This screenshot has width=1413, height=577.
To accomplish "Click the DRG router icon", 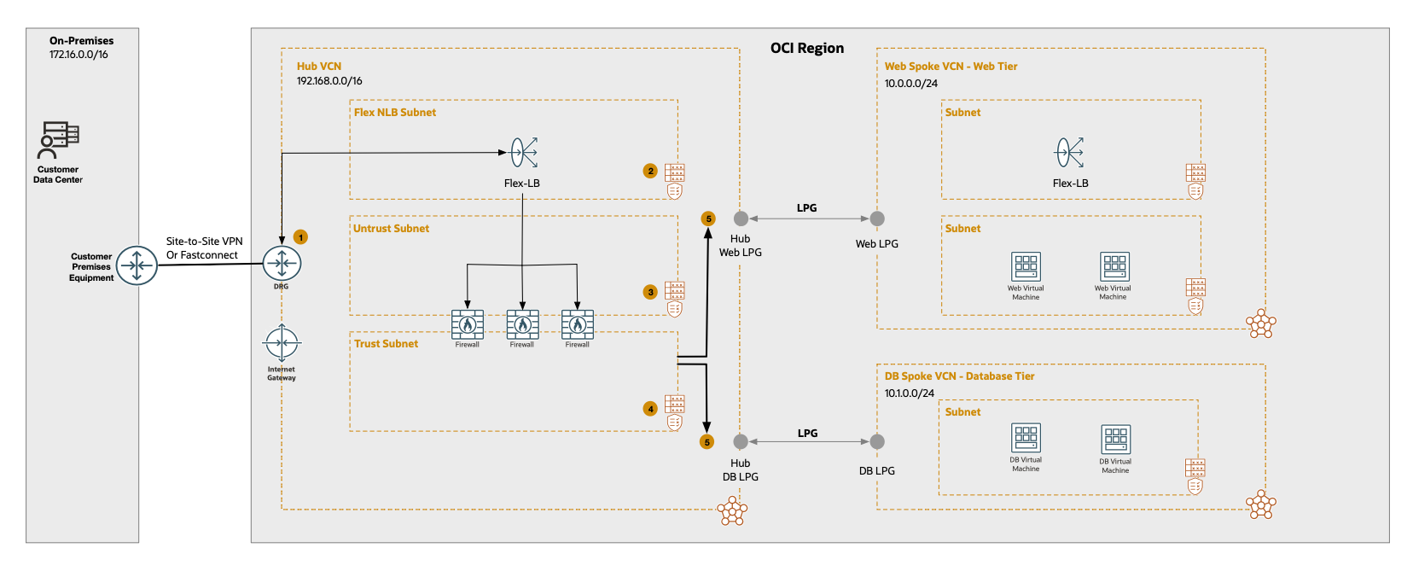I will pos(282,264).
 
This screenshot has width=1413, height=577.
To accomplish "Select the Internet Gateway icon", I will pos(282,343).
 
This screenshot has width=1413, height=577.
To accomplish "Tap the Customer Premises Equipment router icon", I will pos(137,265).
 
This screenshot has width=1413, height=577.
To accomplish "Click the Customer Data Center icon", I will pos(59,140).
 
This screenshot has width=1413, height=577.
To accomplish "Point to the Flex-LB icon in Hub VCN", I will pos(523,153).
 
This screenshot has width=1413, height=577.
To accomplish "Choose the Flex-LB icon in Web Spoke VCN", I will pos(1069,153).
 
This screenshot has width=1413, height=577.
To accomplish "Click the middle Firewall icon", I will pos(522,324).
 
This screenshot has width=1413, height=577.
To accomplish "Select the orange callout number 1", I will pos(300,236).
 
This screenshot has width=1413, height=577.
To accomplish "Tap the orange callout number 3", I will pos(650,292).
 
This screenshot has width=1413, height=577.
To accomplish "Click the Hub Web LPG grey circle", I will pos(741,219).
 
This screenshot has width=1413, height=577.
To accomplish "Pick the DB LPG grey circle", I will pos(877,441).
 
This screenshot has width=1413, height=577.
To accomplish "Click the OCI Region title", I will pos(806,49).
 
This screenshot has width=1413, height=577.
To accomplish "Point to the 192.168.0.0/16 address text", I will pos(329,81).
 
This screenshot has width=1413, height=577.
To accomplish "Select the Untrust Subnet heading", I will pos(391,229).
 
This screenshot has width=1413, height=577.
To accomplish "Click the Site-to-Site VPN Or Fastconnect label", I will pos(204,248).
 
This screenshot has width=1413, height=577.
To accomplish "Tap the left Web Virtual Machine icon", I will pos(1026,266).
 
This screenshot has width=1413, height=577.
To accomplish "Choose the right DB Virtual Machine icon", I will pos(1115,440).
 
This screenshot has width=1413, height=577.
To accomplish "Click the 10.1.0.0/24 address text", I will pos(909,393).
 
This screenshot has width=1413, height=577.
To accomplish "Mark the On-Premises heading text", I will pos(81,41).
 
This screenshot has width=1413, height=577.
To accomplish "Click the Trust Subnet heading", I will pos(386,344).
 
